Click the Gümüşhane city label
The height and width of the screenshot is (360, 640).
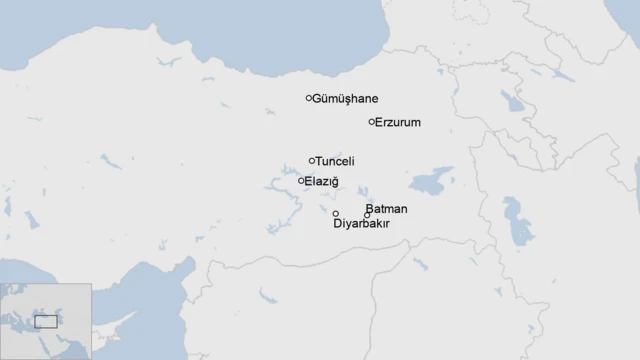(346, 99)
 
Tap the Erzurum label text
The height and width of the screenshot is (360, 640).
(398, 122)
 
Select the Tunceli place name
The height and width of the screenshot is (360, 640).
(335, 161)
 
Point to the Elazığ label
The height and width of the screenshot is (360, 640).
(321, 181)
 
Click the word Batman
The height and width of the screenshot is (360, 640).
(386, 209)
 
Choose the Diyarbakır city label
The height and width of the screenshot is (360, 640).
(361, 224)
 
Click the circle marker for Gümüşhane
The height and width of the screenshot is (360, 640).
(309, 98)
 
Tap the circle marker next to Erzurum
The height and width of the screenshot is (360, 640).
(372, 122)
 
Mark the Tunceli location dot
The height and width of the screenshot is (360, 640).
(312, 160)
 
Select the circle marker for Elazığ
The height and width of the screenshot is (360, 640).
(301, 181)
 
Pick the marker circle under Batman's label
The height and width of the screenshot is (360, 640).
(367, 215)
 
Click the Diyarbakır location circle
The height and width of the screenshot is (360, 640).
(335, 213)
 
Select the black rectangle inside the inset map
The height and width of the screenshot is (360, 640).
(46, 322)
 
